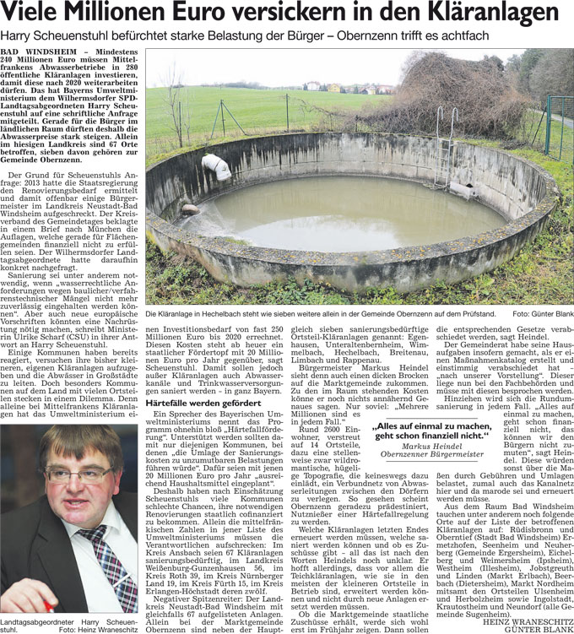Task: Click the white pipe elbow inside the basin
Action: (216, 166)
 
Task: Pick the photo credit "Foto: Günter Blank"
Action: (542, 313)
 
